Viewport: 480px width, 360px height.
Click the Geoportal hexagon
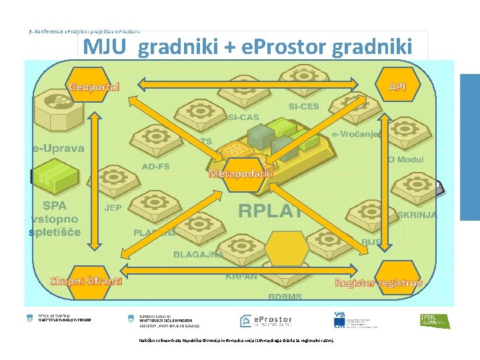(x=95, y=86)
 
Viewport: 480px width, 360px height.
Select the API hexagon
(x=397, y=86)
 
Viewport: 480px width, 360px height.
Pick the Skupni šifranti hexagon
(x=86, y=280)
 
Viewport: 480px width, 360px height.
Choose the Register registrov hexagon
(x=378, y=282)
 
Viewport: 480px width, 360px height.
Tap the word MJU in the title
(x=106, y=47)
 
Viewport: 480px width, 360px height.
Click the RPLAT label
(x=271, y=211)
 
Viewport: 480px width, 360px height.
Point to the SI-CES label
(x=303, y=107)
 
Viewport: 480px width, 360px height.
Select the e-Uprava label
(x=59, y=148)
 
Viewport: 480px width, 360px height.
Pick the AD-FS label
(x=155, y=166)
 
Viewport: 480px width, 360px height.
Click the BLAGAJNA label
(x=198, y=254)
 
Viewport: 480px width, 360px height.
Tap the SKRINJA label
(x=417, y=215)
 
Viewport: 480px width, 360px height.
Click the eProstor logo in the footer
(x=265, y=321)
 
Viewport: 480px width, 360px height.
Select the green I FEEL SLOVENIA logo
(x=435, y=321)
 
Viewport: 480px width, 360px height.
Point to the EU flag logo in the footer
(x=339, y=323)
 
